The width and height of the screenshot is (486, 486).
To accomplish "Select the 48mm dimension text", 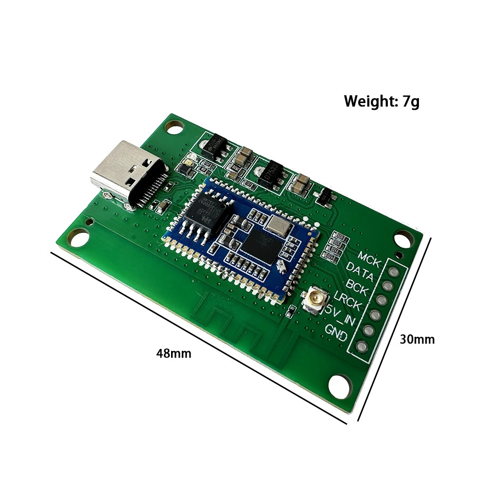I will (174, 353).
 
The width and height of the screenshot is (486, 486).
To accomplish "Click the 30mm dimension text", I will (417, 339).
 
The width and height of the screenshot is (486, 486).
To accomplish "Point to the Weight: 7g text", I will (382, 102).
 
